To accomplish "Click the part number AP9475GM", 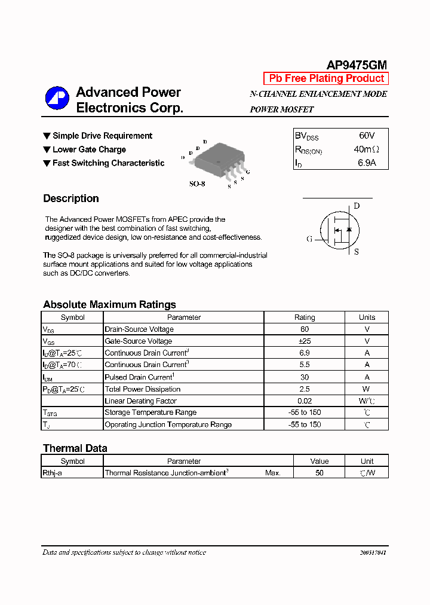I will tap(357, 65).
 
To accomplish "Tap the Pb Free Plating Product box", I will tap(326, 78).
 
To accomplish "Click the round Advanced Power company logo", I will tap(57, 99).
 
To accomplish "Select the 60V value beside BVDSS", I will tap(367, 136).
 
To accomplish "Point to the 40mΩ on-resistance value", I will tap(366, 149).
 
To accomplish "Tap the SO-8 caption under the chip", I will tap(197, 184).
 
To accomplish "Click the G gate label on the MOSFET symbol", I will tap(309, 239).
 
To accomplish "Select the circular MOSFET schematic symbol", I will tap(338, 231).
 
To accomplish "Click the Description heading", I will tap(71, 198).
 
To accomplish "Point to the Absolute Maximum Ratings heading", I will tap(109, 304).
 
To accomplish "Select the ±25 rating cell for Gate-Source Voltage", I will tap(305, 341).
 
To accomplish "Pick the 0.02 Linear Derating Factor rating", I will tap(305, 401).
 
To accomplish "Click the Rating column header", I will tap(305, 317).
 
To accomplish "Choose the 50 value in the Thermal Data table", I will tap(320, 473).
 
